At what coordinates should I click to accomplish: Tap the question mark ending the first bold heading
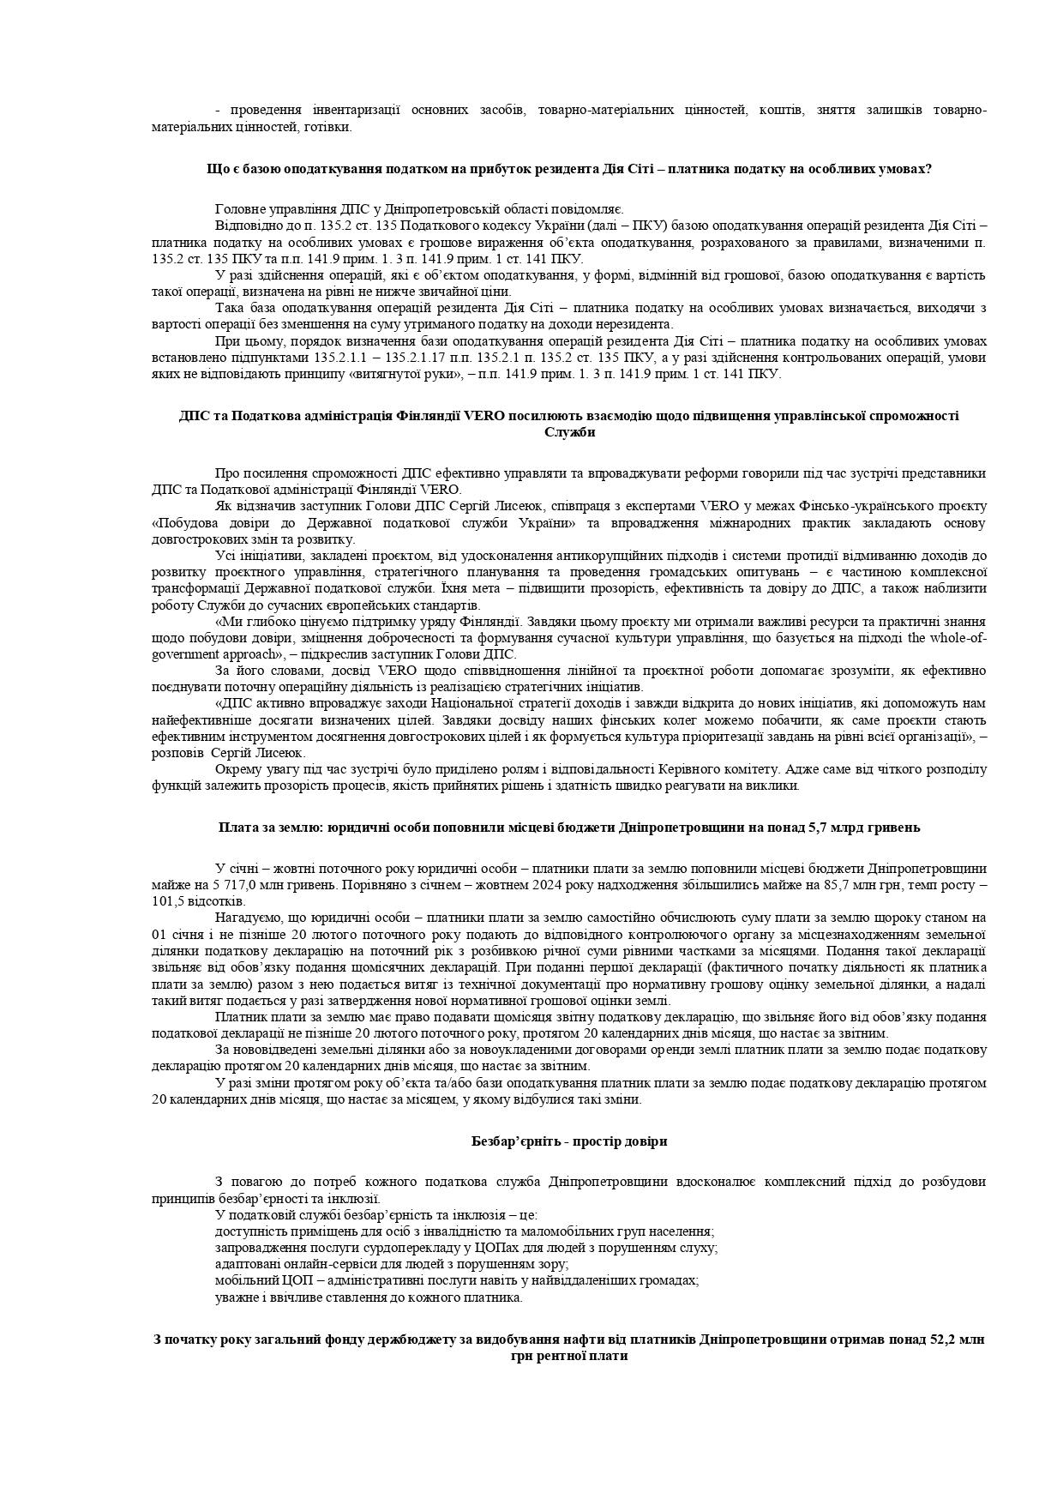point(928,169)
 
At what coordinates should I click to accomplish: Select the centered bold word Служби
point(569,432)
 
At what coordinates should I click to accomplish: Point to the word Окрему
point(237,768)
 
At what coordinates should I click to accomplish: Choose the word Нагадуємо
point(249,918)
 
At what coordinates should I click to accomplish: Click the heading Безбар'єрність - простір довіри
point(568,1141)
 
